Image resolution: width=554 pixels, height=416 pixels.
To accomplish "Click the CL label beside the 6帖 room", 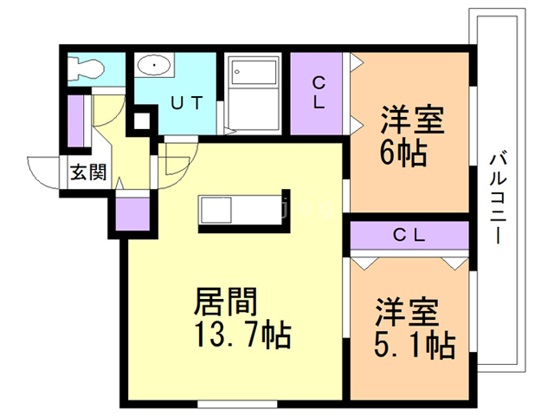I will click(x=319, y=93).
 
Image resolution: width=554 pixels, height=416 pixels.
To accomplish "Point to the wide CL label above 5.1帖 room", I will click(x=409, y=235).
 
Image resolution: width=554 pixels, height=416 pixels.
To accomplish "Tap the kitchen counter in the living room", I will click(x=242, y=211).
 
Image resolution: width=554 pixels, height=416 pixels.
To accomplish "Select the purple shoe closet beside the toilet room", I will click(x=75, y=121).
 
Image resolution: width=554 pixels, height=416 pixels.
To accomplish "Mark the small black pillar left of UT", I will click(x=140, y=121).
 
